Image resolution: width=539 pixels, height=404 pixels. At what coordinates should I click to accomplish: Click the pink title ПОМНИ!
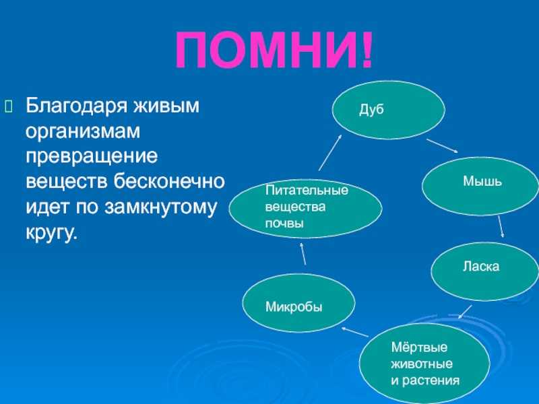(x=274, y=50)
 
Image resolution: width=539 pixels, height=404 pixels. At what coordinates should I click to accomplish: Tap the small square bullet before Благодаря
(x=8, y=106)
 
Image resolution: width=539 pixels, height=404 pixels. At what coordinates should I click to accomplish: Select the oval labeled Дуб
(x=389, y=110)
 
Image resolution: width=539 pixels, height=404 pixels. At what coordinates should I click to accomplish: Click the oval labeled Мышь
(x=480, y=186)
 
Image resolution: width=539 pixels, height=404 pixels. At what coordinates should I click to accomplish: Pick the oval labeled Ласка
(x=484, y=271)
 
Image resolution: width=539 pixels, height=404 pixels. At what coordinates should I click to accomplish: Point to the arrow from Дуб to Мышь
(x=443, y=145)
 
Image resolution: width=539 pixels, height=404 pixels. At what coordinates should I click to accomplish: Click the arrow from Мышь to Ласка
(x=501, y=227)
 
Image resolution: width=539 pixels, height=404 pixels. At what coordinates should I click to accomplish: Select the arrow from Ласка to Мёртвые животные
(x=465, y=312)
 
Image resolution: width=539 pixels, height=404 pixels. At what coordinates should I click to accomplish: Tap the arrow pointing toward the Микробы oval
(x=355, y=331)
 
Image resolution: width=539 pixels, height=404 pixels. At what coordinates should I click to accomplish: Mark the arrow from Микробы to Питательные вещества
(x=303, y=254)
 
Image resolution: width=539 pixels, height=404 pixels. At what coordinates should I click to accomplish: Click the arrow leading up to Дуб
(x=330, y=152)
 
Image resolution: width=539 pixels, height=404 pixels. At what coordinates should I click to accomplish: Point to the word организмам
(x=83, y=131)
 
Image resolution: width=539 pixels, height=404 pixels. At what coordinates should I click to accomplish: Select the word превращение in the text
(x=92, y=157)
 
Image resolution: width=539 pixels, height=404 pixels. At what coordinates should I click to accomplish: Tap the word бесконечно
(x=169, y=181)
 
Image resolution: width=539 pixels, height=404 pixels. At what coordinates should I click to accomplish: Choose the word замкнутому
(x=160, y=207)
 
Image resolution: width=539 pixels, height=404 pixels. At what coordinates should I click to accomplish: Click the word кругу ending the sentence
(x=50, y=233)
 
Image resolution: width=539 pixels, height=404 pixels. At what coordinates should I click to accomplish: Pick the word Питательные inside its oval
(x=307, y=190)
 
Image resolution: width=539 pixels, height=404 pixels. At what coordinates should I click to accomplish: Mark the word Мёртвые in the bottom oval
(x=419, y=347)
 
